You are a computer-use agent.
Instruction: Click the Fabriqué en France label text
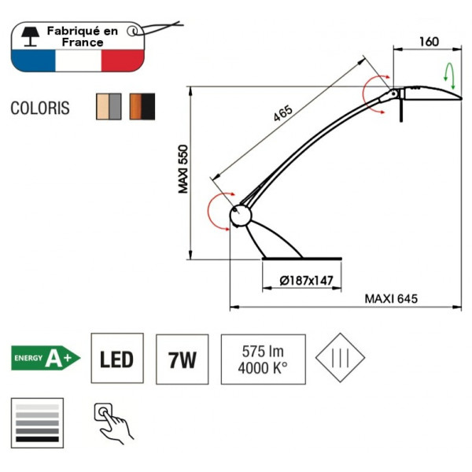point(82,36)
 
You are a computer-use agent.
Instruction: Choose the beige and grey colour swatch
point(108,106)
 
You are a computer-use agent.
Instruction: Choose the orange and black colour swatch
point(142,106)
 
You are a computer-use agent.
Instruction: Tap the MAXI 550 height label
point(183,169)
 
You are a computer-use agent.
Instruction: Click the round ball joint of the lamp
point(240,216)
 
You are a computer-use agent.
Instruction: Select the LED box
point(116,360)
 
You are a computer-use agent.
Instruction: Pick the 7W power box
point(183,360)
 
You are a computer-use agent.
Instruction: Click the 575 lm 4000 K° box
point(263,360)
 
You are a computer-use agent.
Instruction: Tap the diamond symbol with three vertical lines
point(340,357)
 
